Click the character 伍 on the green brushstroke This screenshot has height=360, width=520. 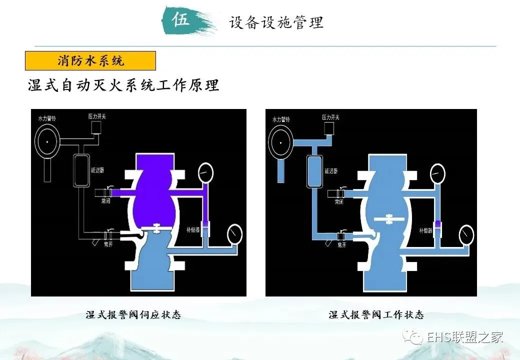[x=181, y=20]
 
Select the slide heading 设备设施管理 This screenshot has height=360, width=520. [x=276, y=22]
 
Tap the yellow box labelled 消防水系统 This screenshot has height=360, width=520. [x=90, y=61]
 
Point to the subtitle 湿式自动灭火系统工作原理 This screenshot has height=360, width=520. [x=123, y=85]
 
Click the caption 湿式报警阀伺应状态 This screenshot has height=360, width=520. [x=133, y=315]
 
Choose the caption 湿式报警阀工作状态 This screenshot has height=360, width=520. [x=376, y=315]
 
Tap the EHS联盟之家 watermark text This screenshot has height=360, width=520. [x=464, y=337]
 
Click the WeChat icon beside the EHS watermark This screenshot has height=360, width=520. [x=415, y=337]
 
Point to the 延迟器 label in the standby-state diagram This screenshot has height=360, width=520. [x=98, y=170]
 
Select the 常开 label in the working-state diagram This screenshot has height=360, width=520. [x=342, y=245]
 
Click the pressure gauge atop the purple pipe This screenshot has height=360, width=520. [x=205, y=173]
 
